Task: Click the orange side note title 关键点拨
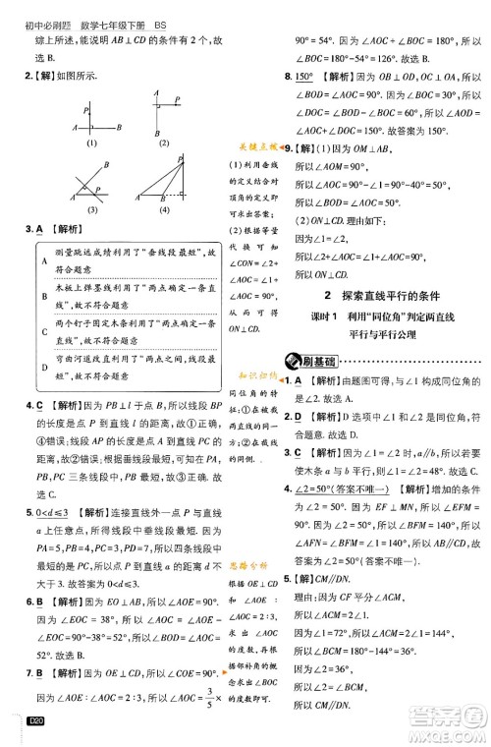tap(257, 146)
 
